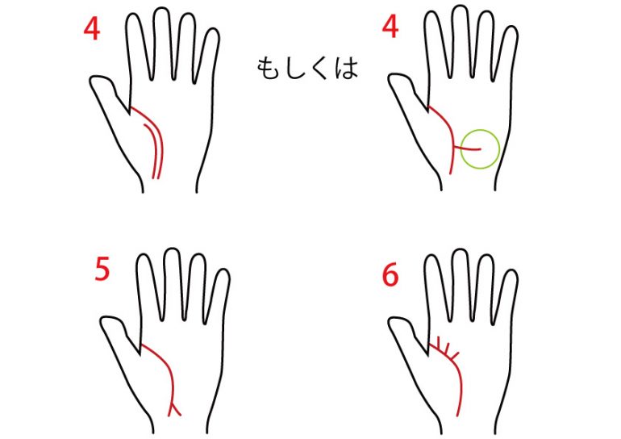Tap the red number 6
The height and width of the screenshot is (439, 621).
tap(390, 274)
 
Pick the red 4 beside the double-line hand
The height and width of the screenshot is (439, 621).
tap(91, 29)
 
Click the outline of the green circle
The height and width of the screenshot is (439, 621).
tap(461, 149)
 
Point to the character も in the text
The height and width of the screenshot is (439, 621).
tap(268, 68)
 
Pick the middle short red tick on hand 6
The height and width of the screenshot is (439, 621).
tap(448, 348)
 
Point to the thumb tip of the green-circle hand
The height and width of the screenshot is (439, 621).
tap(393, 77)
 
